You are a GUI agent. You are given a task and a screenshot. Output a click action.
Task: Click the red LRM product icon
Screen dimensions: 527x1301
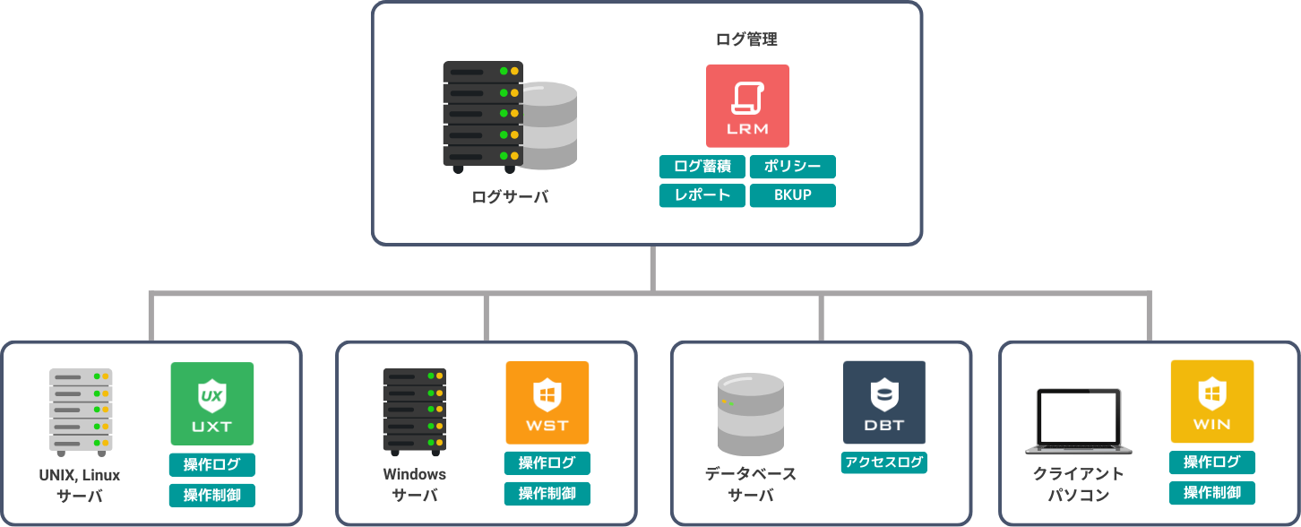747,106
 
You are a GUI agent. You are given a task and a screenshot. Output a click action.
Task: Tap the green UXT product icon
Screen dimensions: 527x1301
212,403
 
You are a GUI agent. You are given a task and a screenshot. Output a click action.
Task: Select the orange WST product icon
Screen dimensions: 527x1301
547,402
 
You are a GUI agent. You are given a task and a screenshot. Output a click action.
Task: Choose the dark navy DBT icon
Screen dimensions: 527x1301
884,402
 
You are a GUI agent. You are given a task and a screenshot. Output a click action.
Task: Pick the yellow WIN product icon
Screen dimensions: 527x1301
1212,402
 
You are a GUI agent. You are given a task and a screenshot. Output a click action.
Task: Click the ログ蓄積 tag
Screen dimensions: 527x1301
702,167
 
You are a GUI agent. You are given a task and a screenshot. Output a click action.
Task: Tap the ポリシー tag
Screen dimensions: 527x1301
792,167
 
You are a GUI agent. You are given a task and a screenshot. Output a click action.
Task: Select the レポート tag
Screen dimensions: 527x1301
702,195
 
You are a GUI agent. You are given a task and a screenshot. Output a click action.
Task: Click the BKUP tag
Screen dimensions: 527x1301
792,195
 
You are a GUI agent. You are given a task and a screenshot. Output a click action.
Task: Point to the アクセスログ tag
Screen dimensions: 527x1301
884,462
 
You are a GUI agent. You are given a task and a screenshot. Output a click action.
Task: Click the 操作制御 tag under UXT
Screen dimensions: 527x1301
212,496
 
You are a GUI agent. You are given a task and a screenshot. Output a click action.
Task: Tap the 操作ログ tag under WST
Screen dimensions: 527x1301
547,463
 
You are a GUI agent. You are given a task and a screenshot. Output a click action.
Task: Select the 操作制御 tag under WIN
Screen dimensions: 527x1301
1212,492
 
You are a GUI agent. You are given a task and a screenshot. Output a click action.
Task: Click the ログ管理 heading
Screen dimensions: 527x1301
746,39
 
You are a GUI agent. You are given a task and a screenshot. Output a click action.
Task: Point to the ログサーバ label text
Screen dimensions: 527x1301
510,197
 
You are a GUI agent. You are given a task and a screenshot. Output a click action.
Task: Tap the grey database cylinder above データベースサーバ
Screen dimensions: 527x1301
751,414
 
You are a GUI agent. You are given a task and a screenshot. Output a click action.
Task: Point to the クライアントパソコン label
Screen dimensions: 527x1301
1078,484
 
